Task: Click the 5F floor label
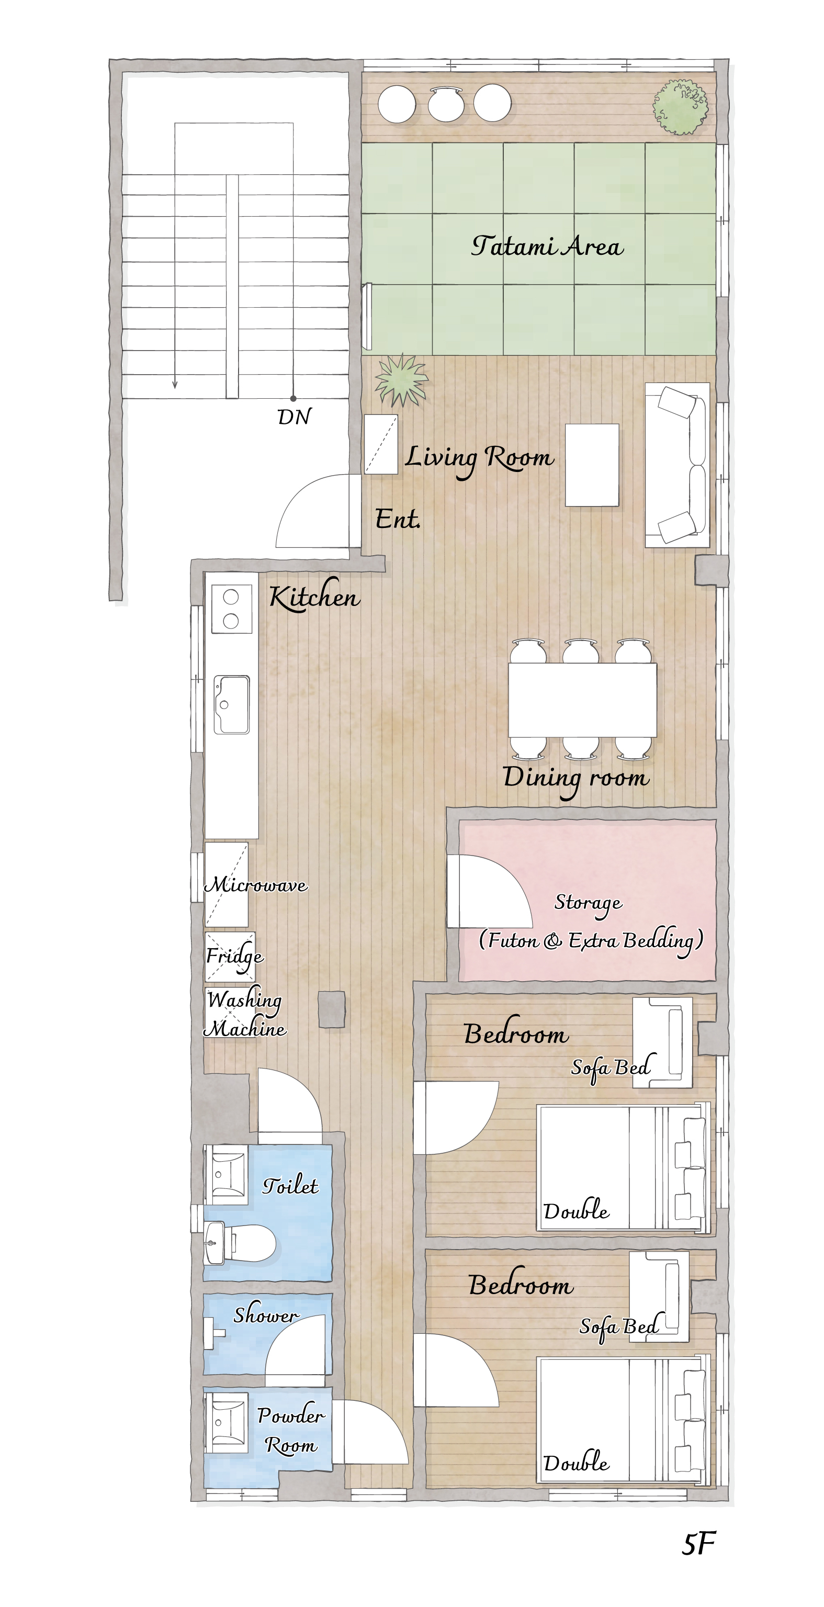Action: pos(698,1544)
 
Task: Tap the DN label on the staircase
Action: pos(294,417)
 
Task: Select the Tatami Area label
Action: pos(547,246)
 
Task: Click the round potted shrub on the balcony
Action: pos(680,107)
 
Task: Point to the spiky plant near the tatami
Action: pos(401,379)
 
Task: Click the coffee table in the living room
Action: pos(592,465)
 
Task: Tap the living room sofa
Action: pos(677,465)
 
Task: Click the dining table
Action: pos(582,700)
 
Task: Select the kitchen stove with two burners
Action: pos(231,608)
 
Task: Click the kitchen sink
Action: pos(231,704)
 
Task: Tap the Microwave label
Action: pos(256,884)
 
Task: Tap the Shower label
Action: pos(266,1315)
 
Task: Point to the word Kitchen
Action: pos(314,597)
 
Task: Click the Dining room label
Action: pos(577,779)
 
